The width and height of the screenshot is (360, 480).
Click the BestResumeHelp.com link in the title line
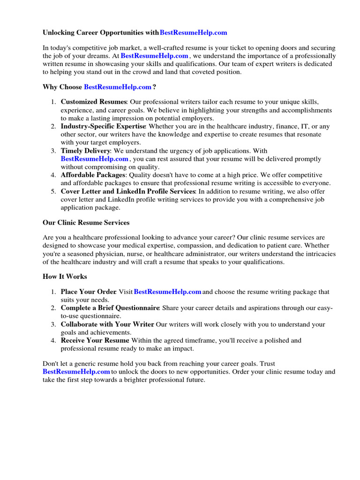[193, 33]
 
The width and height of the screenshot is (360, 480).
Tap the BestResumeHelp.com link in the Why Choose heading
[118, 87]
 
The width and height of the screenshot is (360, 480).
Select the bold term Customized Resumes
[94, 102]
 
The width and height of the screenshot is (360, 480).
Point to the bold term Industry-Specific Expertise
[104, 127]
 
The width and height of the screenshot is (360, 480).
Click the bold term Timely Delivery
[85, 151]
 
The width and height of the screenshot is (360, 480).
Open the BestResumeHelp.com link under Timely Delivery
[94, 159]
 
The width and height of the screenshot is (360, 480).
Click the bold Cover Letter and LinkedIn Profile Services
[128, 191]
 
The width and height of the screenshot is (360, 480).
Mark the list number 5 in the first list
[53, 191]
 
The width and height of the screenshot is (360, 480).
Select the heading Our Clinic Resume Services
[86, 223]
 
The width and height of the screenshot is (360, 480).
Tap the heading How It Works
[65, 277]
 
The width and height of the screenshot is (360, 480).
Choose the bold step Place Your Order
[88, 292]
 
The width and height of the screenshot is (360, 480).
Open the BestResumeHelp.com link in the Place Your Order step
[167, 292]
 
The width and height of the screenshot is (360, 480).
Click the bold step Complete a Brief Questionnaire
[110, 308]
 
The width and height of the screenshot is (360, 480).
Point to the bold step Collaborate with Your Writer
[107, 324]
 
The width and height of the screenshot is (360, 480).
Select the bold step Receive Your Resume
[95, 340]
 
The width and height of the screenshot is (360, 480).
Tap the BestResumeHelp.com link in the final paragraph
[76, 372]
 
